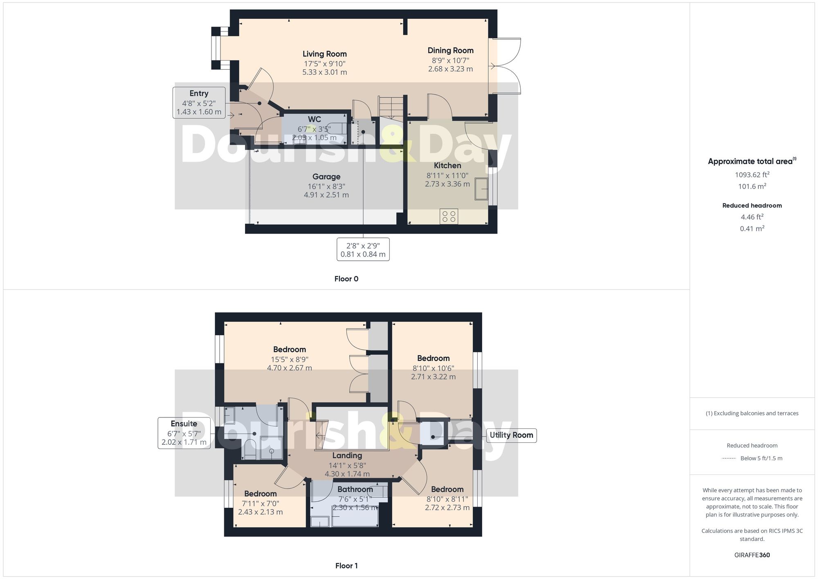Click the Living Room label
(324, 54)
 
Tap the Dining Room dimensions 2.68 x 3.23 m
(450, 69)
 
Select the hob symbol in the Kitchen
(449, 216)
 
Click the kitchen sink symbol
(481, 189)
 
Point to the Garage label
(326, 177)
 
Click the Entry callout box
(199, 103)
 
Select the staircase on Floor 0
(391, 108)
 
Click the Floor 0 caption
(346, 279)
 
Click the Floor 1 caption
(346, 565)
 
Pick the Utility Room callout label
(511, 435)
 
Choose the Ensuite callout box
(184, 433)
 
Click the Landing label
(347, 455)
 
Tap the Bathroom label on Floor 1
(355, 489)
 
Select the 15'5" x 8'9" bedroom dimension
(289, 359)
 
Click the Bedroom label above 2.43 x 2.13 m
(260, 494)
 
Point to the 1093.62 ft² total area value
(752, 175)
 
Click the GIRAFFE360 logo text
(752, 555)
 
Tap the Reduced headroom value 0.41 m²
(752, 228)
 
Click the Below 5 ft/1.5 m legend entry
(761, 458)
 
